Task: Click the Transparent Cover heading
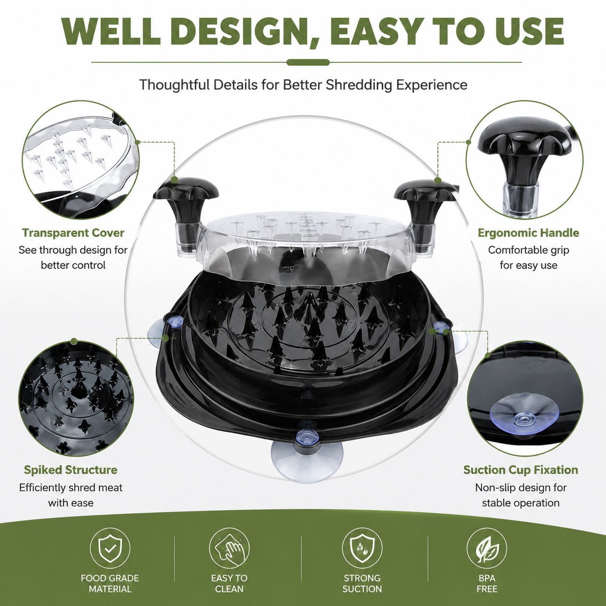73,233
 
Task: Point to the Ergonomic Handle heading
528,233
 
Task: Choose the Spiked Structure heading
71,470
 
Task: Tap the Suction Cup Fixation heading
521,470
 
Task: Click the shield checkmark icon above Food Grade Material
110,548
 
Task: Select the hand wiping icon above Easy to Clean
229,548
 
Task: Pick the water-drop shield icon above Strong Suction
362,548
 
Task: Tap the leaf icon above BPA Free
487,548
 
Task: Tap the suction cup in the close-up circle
524,413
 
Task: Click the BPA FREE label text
487,583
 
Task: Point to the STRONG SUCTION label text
362,583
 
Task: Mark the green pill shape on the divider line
308,62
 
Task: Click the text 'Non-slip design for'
521,488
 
